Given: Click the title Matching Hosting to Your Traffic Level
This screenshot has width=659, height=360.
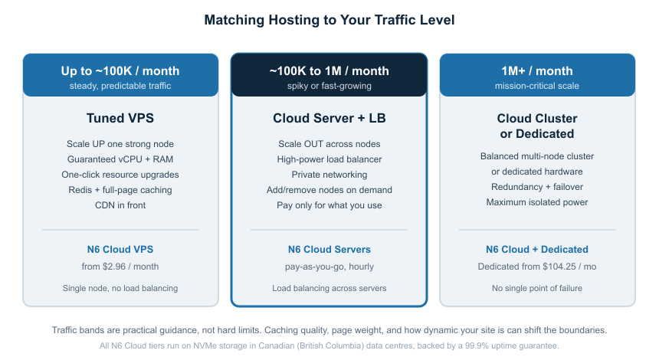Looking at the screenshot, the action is (x=329, y=20).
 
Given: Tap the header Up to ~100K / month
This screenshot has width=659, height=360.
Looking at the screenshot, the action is (x=120, y=70).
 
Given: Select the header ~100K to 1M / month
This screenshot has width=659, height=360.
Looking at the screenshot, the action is (x=329, y=70).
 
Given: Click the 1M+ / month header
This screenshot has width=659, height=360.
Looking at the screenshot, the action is (x=536, y=70).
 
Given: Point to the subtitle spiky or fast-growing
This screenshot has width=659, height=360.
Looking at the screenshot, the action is (x=329, y=86).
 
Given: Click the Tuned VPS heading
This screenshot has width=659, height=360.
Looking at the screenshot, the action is (x=120, y=118).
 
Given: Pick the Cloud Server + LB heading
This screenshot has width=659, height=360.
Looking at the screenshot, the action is (x=329, y=118).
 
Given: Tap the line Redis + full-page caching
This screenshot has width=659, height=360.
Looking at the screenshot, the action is (x=120, y=190).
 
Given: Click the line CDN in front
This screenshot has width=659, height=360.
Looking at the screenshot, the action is (x=120, y=205).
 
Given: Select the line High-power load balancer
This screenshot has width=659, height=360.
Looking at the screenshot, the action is (x=329, y=159).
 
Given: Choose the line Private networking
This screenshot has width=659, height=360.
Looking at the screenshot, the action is (x=329, y=175).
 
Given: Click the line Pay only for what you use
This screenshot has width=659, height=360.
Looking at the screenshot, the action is (x=329, y=205).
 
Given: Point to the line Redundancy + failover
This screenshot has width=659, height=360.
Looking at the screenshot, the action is (x=536, y=187).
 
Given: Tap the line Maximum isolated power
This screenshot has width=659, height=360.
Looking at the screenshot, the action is (x=536, y=202).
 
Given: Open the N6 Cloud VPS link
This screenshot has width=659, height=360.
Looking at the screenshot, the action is (x=120, y=249).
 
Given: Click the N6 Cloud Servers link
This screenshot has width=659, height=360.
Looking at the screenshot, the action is (x=329, y=249).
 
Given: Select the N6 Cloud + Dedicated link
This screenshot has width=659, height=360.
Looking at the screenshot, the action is (x=536, y=249).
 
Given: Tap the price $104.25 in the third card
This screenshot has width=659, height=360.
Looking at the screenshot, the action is (x=559, y=267).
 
